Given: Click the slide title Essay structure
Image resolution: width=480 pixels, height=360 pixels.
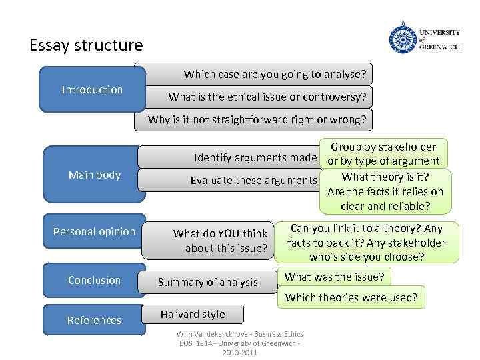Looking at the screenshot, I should tap(86, 45).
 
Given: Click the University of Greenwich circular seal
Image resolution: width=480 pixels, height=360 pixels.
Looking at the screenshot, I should tap(402, 38).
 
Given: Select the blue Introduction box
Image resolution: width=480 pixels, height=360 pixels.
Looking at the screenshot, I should tap(92, 89).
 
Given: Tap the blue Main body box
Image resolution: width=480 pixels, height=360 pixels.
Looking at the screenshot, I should tap(94, 175).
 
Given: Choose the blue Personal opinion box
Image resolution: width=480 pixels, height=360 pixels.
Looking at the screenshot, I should tap(94, 231).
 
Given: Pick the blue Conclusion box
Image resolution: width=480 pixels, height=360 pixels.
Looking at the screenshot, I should tap(94, 280).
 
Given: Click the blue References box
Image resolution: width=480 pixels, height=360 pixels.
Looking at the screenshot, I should tap(94, 320).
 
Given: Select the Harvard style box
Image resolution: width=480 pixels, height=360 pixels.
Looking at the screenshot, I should tap(193, 314).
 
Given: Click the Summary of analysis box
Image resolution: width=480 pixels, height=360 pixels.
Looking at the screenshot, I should tap(207, 282).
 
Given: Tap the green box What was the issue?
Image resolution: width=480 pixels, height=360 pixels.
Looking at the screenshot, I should tap(334, 277).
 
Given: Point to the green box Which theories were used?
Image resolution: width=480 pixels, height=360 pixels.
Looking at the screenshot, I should tap(351, 297).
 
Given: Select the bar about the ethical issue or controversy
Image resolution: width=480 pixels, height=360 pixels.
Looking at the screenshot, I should tap(267, 97).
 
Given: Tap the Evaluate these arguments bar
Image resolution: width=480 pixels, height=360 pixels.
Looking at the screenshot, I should tap(253, 180).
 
